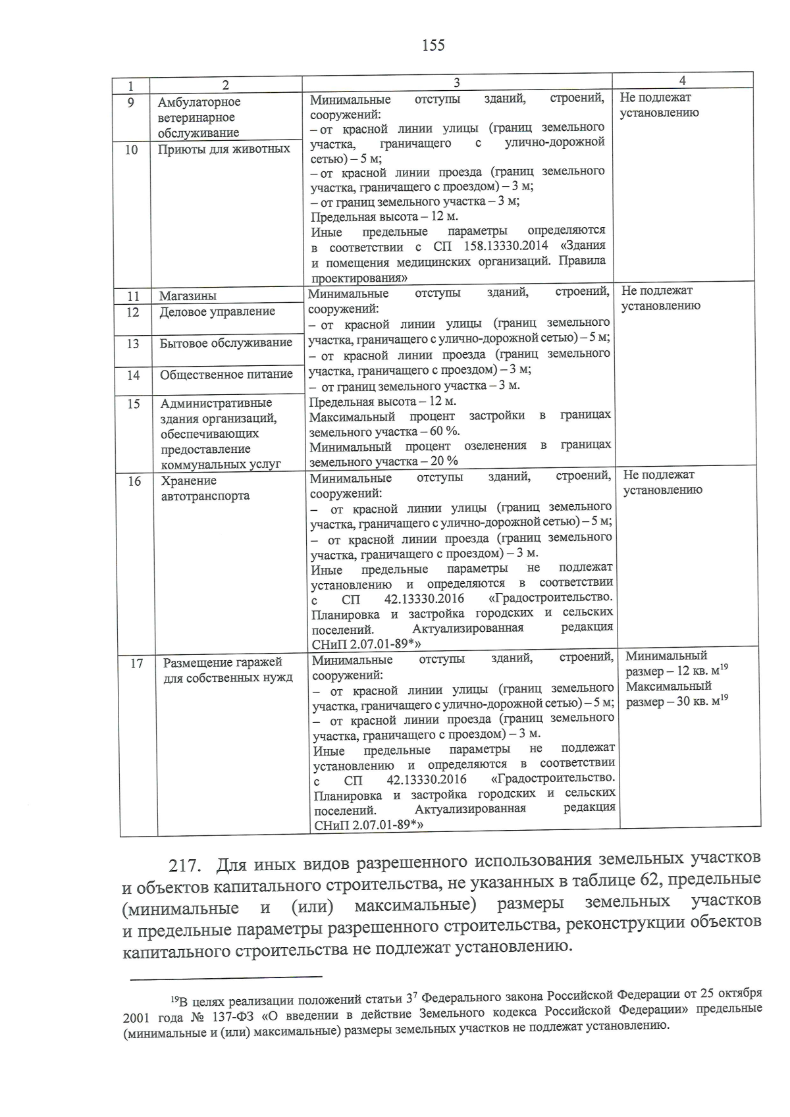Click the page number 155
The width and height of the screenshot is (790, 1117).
pos(433,45)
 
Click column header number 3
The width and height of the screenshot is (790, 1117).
pos(456,82)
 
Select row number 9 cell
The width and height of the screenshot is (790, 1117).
pos(131,103)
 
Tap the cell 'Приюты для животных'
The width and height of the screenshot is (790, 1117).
pos(224,149)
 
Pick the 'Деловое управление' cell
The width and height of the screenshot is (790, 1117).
pos(217,312)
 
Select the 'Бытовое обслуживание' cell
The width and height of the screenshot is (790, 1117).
pos(226,343)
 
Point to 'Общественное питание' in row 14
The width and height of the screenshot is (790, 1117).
pos(226,375)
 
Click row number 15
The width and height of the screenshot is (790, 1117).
pos(134,404)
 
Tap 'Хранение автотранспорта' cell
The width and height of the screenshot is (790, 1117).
pos(205,488)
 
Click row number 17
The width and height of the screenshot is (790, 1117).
pos(136,663)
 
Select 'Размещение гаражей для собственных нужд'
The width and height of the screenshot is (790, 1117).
pos(228,670)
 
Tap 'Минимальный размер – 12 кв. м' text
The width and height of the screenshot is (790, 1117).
pos(674,663)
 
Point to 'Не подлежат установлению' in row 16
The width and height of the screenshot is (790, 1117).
pos(662,482)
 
